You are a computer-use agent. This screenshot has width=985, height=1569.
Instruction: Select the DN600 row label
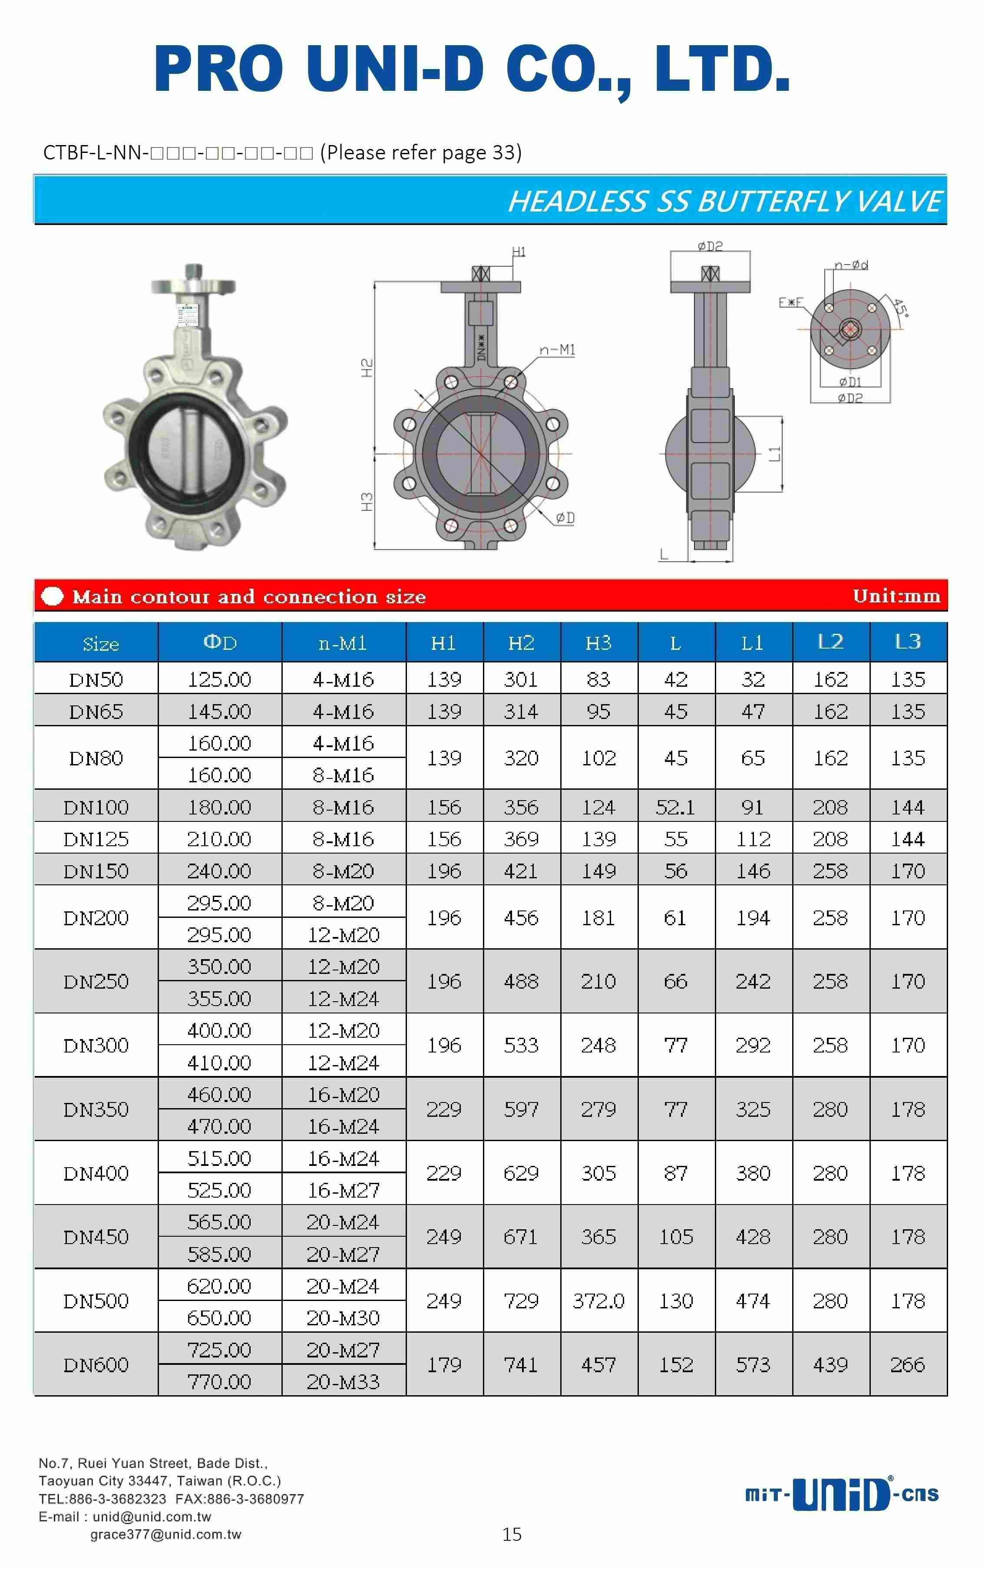click(x=96, y=1364)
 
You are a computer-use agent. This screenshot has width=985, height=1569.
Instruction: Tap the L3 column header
click(x=908, y=642)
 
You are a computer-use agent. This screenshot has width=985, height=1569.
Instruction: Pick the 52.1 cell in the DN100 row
click(x=676, y=807)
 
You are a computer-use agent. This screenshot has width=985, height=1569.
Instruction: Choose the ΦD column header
click(x=220, y=642)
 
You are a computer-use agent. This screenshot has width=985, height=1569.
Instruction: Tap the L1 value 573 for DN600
click(x=753, y=1364)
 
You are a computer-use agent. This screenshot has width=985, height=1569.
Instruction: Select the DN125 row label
click(x=96, y=839)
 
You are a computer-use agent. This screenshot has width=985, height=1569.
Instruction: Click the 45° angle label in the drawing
click(x=900, y=307)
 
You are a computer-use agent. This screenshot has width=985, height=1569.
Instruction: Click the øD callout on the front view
click(x=565, y=518)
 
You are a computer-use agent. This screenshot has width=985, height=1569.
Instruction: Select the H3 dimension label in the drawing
click(x=367, y=501)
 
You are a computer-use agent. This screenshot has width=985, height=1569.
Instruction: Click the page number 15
click(x=512, y=1534)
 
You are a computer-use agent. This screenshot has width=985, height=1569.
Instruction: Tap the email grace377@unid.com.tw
click(x=165, y=1534)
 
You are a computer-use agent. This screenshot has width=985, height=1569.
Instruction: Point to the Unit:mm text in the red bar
click(x=896, y=596)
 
